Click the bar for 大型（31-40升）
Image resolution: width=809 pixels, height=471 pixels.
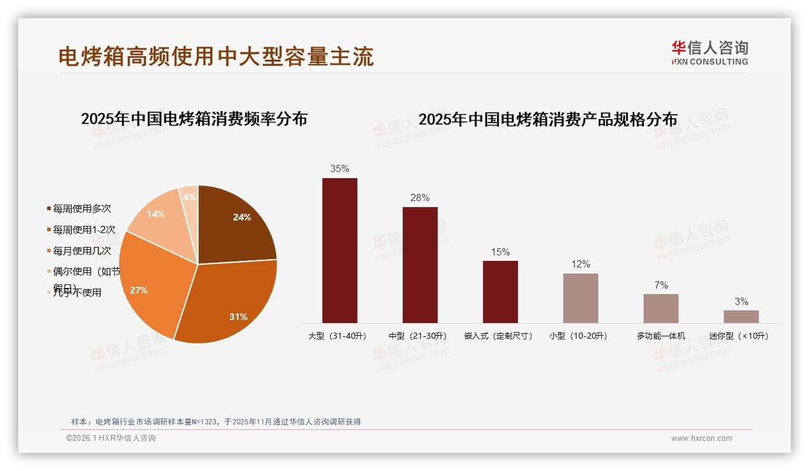pyautogui.click(x=339, y=250)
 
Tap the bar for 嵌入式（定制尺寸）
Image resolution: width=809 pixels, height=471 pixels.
pyautogui.click(x=500, y=292)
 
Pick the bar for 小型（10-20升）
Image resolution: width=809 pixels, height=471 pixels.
pyautogui.click(x=580, y=298)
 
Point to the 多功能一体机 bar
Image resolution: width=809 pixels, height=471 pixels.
pyautogui.click(x=660, y=308)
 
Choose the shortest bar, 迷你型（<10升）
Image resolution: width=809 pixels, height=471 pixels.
pyautogui.click(x=741, y=316)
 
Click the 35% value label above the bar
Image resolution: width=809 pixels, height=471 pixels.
pyautogui.click(x=339, y=169)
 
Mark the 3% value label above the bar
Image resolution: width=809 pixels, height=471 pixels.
pyautogui.click(x=741, y=301)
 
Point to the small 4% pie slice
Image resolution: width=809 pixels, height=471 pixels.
pyautogui.click(x=190, y=196)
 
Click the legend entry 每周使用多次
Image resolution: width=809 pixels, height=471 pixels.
pyautogui.click(x=82, y=209)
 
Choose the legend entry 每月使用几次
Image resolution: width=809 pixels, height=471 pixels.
pyautogui.click(x=82, y=251)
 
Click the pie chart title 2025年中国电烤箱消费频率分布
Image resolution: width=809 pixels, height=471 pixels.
pyautogui.click(x=194, y=119)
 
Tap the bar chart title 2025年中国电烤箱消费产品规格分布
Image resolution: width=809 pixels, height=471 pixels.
pyautogui.click(x=548, y=120)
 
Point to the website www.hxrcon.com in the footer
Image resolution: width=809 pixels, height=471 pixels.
pyautogui.click(x=702, y=438)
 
